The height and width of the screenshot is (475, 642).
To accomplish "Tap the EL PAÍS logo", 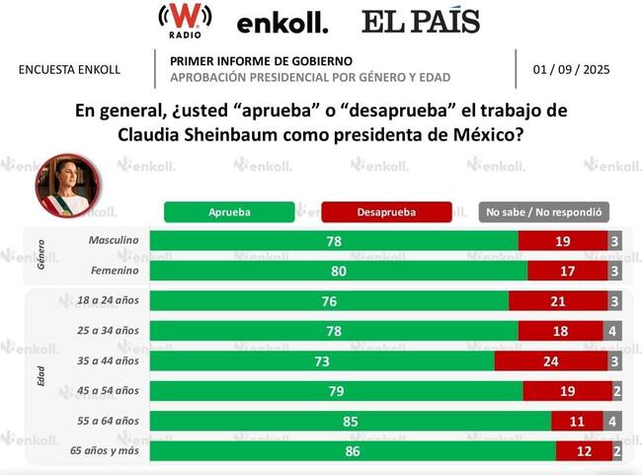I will click(x=420, y=22).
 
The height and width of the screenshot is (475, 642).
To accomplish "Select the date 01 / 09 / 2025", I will click(x=572, y=69).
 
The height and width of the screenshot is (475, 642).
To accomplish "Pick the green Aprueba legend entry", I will click(x=229, y=211).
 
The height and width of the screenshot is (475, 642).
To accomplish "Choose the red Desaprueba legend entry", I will click(x=386, y=211).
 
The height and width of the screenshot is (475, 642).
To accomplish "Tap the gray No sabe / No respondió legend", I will click(x=543, y=211).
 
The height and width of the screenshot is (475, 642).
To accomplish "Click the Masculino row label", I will click(x=113, y=240).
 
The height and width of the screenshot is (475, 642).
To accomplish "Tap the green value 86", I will click(x=353, y=451).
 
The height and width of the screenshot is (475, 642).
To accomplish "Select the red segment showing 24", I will click(x=550, y=361).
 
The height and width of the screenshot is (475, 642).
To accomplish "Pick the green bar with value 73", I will click(x=322, y=361).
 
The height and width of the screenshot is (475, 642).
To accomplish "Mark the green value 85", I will click(x=351, y=421).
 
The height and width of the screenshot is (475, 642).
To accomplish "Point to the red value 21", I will click(x=558, y=301).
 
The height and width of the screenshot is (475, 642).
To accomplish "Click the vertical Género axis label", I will click(x=41, y=254).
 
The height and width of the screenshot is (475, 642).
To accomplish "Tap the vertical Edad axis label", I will click(x=41, y=376).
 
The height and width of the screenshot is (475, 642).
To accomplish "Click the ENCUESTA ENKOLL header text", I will click(x=69, y=69).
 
